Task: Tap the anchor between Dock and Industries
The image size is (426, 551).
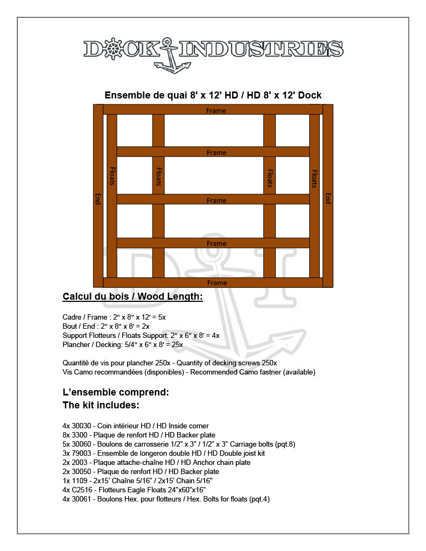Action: pos(169,55)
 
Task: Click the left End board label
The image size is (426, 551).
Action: pos(98,199)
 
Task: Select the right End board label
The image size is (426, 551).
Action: pos(327,199)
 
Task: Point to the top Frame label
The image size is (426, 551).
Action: pos(217,111)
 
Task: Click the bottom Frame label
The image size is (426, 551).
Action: pos(217,283)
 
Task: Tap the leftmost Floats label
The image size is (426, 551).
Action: pos(112,175)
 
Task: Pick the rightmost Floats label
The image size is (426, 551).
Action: pos(315,179)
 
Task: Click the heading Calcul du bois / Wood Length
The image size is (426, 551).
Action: pos(132,296)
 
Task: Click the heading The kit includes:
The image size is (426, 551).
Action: pos(101,405)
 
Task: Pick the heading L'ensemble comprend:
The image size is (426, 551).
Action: pos(116,392)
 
